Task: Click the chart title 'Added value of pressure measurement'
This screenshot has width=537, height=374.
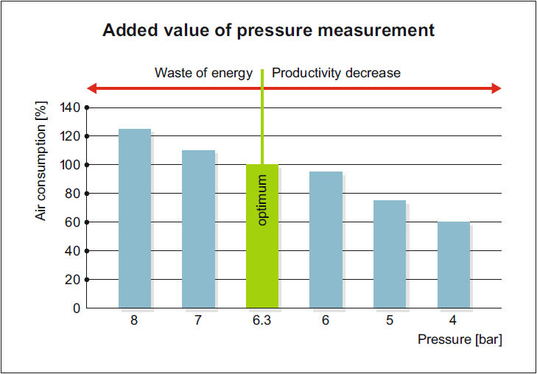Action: point(268,31)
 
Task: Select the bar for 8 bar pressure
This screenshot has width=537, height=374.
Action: point(135,219)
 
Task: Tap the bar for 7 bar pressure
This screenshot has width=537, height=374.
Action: point(198,229)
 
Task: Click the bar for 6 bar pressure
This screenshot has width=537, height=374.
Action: point(326,240)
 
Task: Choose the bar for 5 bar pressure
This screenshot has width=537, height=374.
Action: point(389,254)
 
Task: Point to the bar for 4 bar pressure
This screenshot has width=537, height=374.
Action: point(453,265)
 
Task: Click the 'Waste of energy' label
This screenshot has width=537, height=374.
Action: point(203,73)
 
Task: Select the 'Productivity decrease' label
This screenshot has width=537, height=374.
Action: point(336,73)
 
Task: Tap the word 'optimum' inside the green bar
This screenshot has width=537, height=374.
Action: point(262,200)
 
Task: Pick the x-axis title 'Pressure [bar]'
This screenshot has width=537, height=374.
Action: point(460,339)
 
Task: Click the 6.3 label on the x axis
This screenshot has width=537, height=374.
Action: point(262,321)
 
